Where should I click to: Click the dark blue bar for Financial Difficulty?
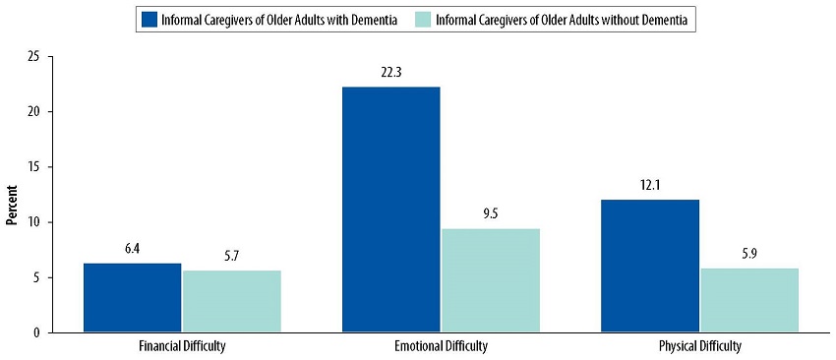pyautogui.click(x=132, y=298)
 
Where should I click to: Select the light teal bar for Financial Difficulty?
pyautogui.click(x=231, y=301)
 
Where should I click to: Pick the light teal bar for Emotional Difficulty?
pyautogui.click(x=490, y=280)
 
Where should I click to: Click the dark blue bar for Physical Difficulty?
pyautogui.click(x=650, y=266)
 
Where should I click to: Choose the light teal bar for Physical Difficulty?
pyautogui.click(x=749, y=300)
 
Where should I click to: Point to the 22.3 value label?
pyautogui.click(x=390, y=71)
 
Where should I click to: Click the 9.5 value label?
pyautogui.click(x=490, y=212)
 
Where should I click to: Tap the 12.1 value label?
pyautogui.click(x=650, y=184)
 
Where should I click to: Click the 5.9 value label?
pyautogui.click(x=749, y=253)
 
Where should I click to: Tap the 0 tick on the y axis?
pyautogui.click(x=35, y=332)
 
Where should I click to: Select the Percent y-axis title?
pyautogui.click(x=12, y=204)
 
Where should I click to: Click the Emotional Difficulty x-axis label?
pyautogui.click(x=440, y=347)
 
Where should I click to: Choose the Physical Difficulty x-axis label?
pyautogui.click(x=700, y=347)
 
